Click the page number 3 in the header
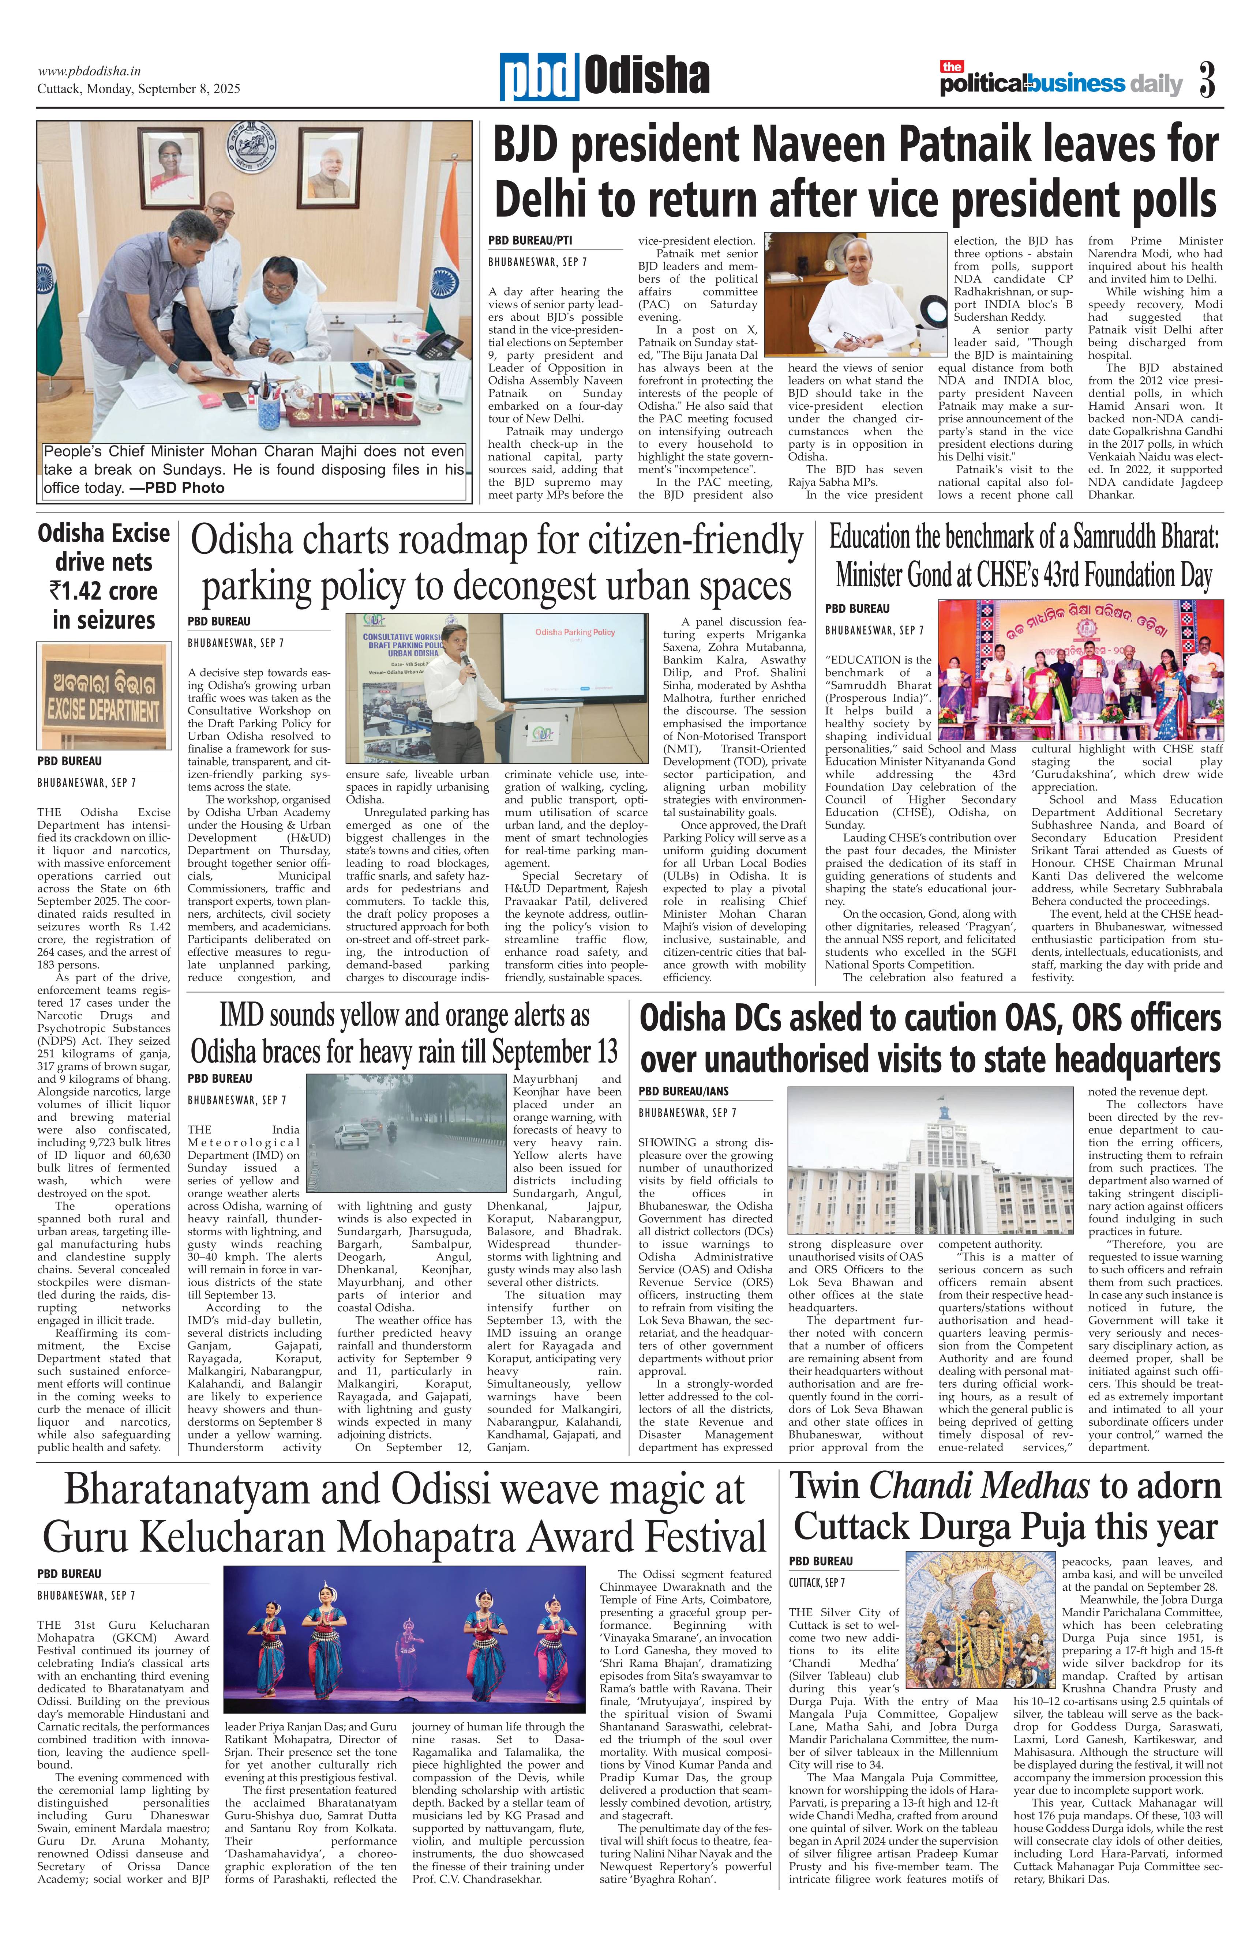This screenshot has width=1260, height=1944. point(1208,82)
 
